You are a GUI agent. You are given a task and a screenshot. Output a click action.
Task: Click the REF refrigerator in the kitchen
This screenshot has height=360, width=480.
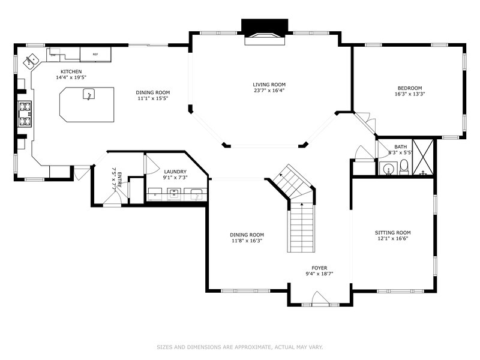pos(95,55)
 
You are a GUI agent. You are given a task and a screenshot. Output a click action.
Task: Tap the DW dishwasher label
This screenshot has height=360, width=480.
pos(53,55)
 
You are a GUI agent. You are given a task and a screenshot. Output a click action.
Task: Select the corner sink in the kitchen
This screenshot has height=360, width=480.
pos(30,60)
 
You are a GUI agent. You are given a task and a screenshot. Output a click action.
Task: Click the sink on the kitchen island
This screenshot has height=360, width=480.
pos(88,95)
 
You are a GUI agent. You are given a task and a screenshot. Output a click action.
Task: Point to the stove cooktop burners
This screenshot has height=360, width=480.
pos(25,114)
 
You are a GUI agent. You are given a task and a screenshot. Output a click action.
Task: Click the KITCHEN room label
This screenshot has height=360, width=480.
pos(71,71)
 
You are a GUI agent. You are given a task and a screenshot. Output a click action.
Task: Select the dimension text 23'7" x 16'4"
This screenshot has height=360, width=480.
pos(268,91)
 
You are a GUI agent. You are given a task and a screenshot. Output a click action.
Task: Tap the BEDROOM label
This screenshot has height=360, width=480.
pos(410,88)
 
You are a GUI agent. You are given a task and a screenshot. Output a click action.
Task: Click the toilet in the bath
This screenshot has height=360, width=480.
pos(404,166)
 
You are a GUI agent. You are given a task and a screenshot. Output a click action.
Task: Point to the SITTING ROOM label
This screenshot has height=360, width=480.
pos(392,232)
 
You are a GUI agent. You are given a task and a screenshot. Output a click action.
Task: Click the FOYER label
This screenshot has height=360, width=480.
pos(319,268)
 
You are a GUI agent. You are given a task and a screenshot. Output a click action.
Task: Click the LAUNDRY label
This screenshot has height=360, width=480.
pos(175,171)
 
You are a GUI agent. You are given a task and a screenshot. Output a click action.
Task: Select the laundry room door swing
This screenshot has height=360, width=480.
pos(151,162)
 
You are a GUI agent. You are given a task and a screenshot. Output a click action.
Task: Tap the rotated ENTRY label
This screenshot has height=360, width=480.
pos(119,180)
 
